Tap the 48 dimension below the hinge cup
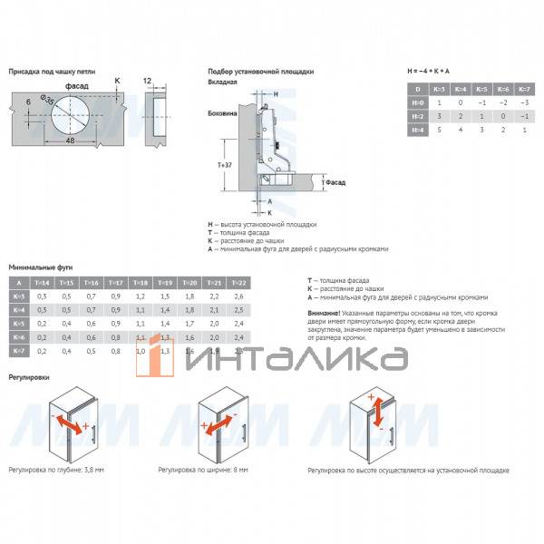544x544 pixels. point(69,141)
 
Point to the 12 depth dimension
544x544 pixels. point(148,81)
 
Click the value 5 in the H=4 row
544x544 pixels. point(440,131)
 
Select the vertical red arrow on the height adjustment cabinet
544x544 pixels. point(373,413)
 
